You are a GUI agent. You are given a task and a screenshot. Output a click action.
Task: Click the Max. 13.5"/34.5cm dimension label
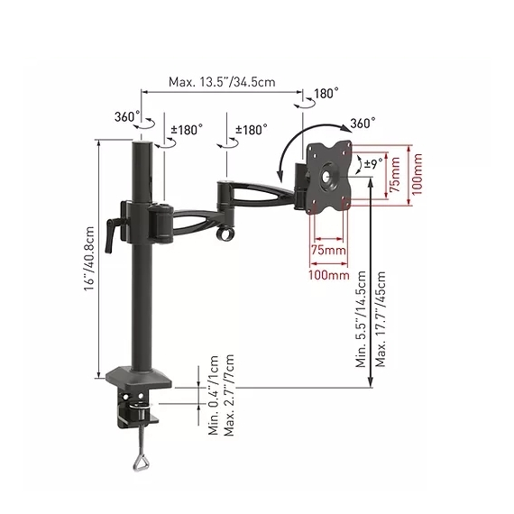coord(222,82)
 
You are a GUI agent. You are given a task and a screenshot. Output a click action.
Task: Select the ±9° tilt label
coord(369,164)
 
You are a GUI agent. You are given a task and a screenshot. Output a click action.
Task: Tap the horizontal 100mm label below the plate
coord(328,271)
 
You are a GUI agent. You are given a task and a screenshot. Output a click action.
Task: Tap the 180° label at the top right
coord(326,94)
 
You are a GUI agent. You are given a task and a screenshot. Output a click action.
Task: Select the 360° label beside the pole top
coord(126,116)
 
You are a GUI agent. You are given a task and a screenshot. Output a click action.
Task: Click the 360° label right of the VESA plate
coord(363,124)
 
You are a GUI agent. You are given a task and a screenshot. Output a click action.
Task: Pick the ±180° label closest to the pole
coord(188,131)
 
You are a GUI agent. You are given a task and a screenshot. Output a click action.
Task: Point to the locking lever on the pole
coord(113,231)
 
